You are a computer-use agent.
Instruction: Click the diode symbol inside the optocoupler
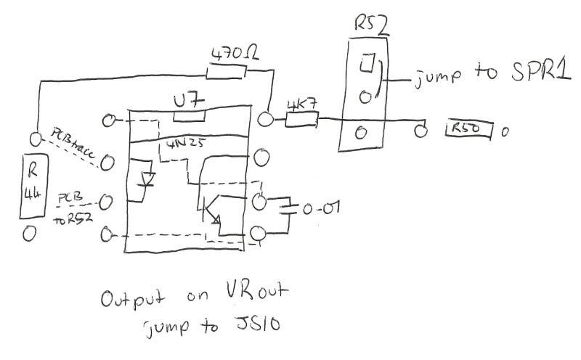coord(147,179)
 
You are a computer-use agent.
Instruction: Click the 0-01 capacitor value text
coord(319,209)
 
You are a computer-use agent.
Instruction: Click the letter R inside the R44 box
coord(33,173)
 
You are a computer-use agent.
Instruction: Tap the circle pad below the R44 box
coord(30,234)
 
